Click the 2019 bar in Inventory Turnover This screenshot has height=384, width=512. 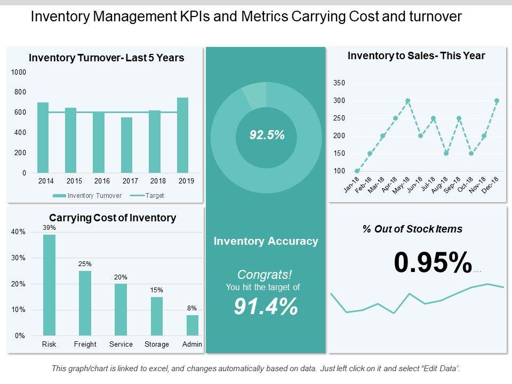pos(182,136)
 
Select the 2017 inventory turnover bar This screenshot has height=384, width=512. pos(126,146)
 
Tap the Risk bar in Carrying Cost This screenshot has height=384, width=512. pos(49,285)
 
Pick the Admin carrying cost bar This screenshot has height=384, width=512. pos(192,325)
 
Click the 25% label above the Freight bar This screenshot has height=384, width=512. pos(85,263)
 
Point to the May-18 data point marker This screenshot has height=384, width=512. pos(408,101)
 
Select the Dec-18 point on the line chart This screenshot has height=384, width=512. pos(497,101)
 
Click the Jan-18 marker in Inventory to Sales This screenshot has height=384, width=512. pos(357,171)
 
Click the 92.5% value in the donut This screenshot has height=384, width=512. pos(267,136)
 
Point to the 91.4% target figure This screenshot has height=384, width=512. pos(266,307)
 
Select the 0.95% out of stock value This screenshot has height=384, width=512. pos(433,262)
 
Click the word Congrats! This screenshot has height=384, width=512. pos(265,275)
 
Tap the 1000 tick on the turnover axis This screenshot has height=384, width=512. pos(19,72)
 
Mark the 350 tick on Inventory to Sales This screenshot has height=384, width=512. pos(339,83)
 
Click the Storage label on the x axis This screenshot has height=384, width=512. pos(157,345)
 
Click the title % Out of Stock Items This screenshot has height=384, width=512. pos(412,229)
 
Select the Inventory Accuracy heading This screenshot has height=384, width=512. pos(266,241)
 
